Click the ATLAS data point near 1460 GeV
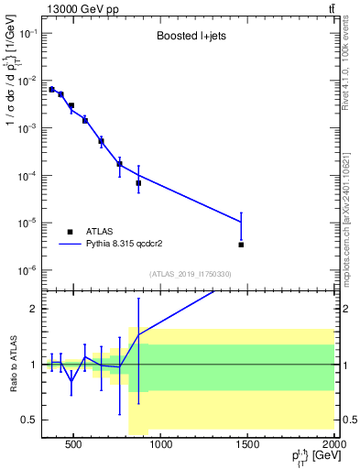click(x=241, y=245)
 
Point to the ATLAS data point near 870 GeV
click(x=138, y=183)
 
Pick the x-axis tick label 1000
click(x=161, y=446)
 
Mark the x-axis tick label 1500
click(x=248, y=446)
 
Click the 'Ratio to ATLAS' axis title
click(x=13, y=364)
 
